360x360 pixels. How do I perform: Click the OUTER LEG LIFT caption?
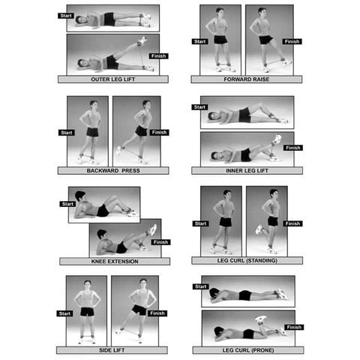coord(112,79)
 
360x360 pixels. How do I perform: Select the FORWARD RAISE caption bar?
coord(247,79)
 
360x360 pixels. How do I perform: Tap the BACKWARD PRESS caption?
coord(112,170)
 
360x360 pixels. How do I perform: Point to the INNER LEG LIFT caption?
coord(247,170)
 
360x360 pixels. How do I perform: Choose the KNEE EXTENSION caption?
coord(112,261)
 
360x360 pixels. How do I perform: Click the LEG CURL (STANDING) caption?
coord(247,261)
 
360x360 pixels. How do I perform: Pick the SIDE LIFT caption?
coord(112,350)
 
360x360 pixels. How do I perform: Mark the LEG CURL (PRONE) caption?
coord(247,350)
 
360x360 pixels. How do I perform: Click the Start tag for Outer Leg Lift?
coord(66,14)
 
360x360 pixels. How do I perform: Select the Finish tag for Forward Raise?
coord(293,42)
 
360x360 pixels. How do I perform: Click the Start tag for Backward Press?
coord(67,133)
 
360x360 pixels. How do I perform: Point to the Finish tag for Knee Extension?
coord(160,242)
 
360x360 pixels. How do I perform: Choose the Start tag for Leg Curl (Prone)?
coord(199,286)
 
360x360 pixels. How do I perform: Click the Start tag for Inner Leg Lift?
coord(199,107)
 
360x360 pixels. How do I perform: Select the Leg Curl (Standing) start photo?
coord(220,220)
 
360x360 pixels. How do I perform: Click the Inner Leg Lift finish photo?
coord(247,148)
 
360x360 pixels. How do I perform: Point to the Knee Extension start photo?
coord(104,205)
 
